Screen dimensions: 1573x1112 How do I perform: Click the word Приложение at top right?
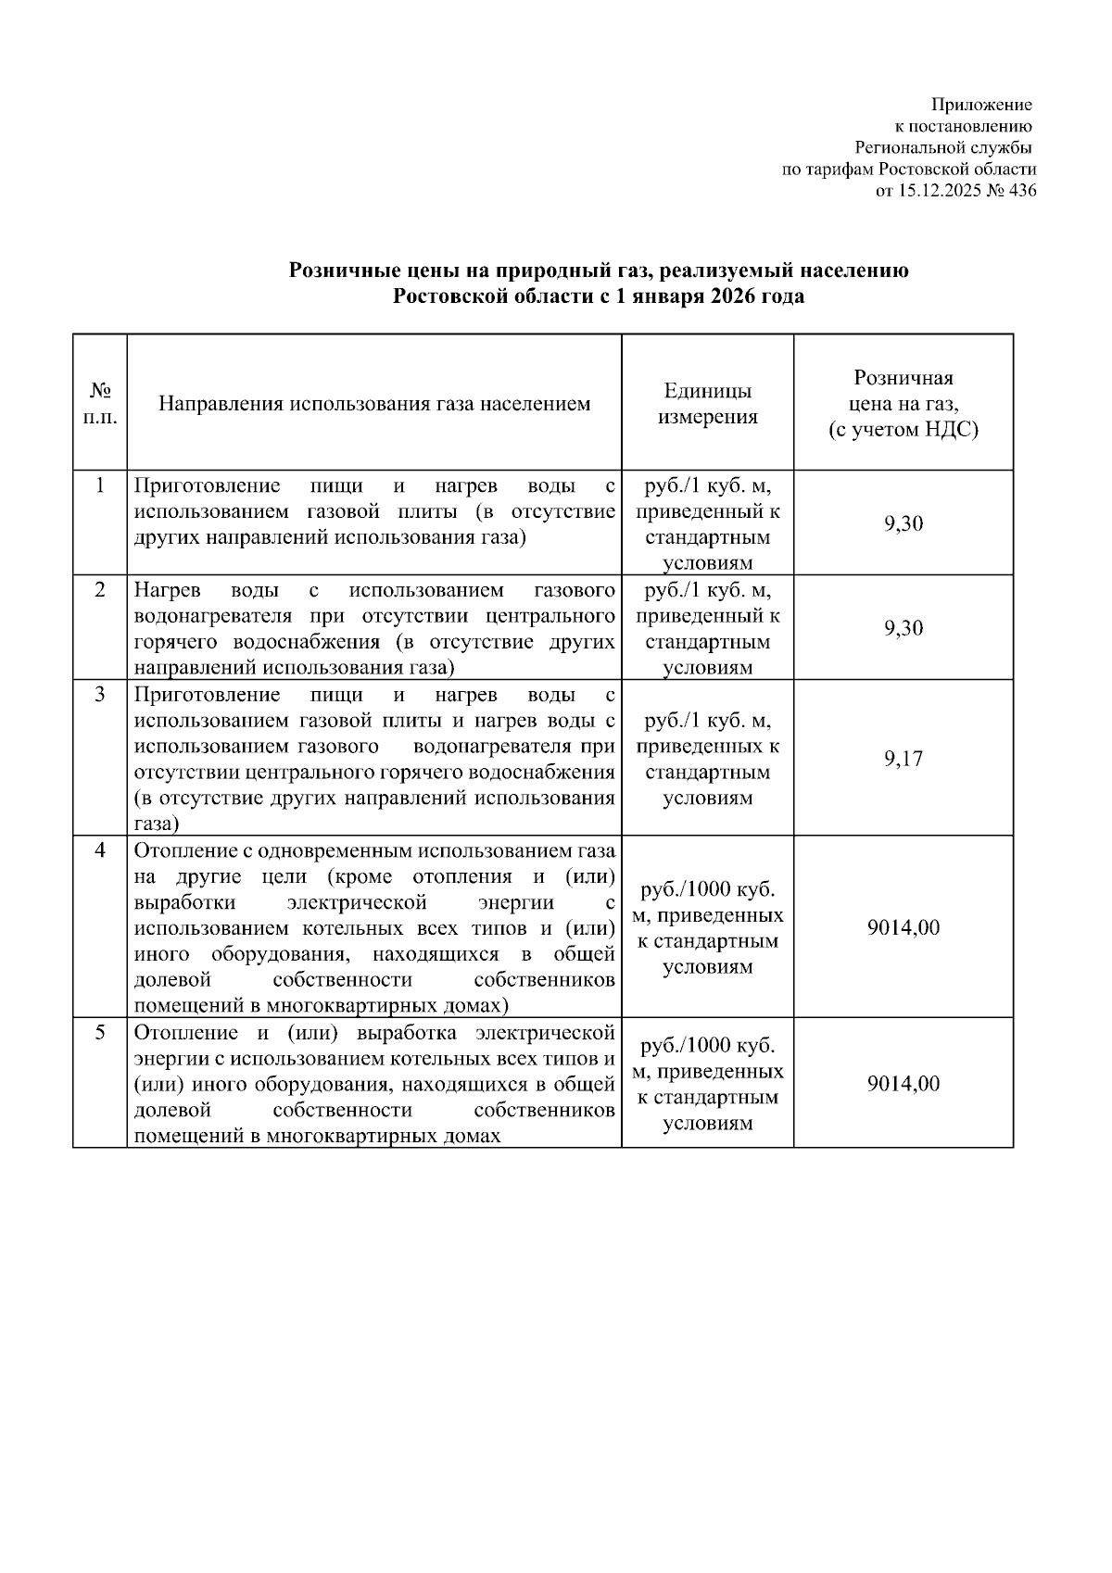tap(981, 105)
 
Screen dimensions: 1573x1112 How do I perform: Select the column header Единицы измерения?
tap(707, 404)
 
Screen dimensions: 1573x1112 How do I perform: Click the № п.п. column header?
tap(100, 404)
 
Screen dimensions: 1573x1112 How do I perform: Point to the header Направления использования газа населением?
tap(374, 404)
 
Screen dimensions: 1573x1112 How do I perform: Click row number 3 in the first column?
tap(100, 694)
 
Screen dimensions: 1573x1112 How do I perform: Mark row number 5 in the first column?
tap(100, 1032)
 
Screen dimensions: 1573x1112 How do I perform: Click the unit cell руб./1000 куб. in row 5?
tap(707, 1046)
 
